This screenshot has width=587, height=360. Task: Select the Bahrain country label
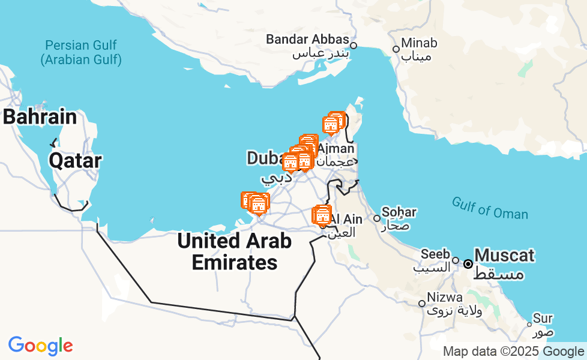(x=40, y=117)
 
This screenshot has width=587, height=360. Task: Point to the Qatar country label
(x=75, y=160)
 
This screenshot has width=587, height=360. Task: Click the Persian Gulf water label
(x=81, y=52)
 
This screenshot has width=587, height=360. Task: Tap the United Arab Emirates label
(x=235, y=251)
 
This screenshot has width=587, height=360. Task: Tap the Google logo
(x=41, y=346)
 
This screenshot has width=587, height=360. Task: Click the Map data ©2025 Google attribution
(x=513, y=352)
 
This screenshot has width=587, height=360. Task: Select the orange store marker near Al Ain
(x=322, y=215)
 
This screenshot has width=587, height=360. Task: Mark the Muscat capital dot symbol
(x=468, y=263)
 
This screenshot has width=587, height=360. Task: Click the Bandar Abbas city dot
(x=354, y=45)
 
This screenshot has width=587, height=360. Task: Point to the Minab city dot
(x=396, y=49)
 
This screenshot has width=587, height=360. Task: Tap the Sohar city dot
(x=377, y=218)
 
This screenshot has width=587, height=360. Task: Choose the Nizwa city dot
(x=422, y=304)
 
